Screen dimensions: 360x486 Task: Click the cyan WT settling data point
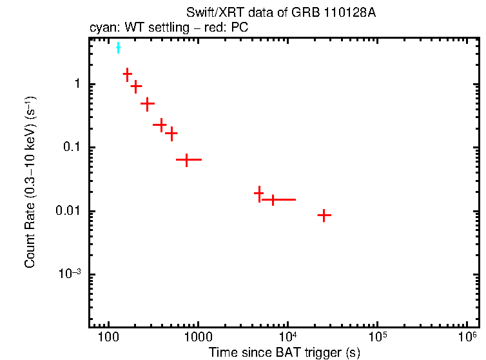(118, 48)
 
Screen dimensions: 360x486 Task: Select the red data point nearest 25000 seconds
(324, 215)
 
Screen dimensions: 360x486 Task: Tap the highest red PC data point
(128, 74)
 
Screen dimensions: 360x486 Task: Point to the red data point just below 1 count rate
(136, 86)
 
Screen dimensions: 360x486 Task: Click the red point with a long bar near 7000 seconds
(273, 199)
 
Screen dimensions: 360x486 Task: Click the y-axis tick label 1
(76, 85)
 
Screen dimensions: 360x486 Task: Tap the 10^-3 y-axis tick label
(68, 274)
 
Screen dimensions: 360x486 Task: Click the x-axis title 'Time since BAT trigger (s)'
(284, 352)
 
